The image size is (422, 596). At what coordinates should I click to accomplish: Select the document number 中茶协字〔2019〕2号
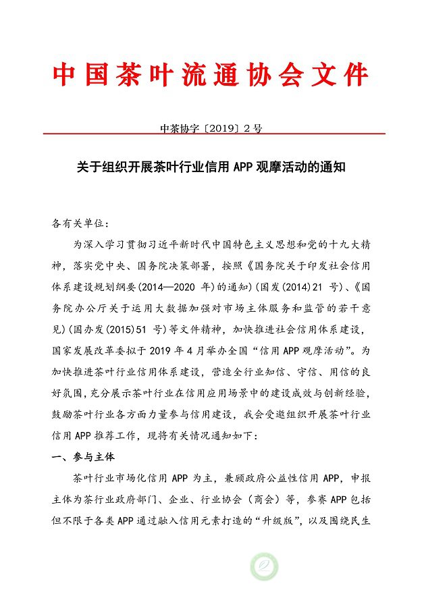[x=211, y=126]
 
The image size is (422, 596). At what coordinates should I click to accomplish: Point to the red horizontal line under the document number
[x=211, y=134]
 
